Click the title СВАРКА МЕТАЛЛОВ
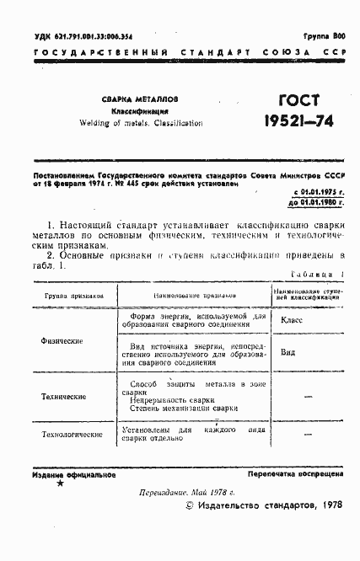pos(140,98)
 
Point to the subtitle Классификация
pos(141,110)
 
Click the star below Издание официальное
pos(60,484)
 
